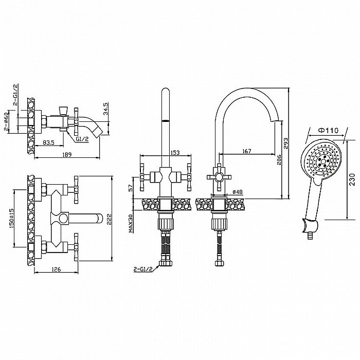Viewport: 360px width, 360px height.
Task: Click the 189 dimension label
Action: [67, 155]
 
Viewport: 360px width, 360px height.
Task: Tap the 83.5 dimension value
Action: [48, 142]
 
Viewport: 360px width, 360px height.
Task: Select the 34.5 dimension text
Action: [105, 109]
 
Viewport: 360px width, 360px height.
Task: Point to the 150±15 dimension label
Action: [11, 219]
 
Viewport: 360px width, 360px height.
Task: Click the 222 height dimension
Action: [109, 219]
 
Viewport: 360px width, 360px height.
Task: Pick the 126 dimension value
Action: [56, 269]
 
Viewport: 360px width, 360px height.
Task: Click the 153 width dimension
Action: [175, 152]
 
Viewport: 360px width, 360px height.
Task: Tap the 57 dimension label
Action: [131, 188]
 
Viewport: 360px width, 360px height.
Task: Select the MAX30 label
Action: [131, 224]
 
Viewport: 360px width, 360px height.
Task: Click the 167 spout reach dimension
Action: [247, 151]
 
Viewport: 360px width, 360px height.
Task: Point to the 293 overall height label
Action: [286, 143]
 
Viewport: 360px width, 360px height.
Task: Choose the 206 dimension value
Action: [279, 159]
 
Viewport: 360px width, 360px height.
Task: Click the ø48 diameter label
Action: [238, 192]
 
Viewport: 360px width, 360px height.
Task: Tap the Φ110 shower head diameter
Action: [328, 131]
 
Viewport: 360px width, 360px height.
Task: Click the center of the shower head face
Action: [321, 160]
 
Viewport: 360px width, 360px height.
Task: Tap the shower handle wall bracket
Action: [310, 226]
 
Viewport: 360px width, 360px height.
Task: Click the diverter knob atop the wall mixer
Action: [63, 110]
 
